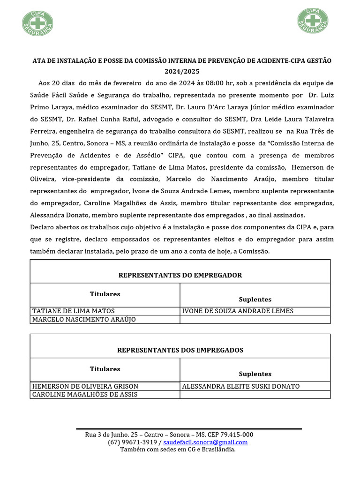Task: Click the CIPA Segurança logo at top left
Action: click(37, 22)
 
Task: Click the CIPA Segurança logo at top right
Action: click(313, 21)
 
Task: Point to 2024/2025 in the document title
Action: click(181, 72)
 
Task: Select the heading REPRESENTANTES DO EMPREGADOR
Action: click(180, 275)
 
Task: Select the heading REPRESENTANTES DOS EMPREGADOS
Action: click(180, 350)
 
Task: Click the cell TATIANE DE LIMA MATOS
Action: click(73, 311)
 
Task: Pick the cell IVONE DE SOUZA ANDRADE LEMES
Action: click(238, 311)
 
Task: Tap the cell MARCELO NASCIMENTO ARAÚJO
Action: click(83, 320)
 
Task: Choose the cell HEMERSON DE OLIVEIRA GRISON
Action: click(85, 386)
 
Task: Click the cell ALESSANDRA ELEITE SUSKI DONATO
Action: click(240, 386)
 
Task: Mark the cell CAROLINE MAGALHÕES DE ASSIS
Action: click(85, 395)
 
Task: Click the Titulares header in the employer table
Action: click(105, 294)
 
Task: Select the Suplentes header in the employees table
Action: click(255, 374)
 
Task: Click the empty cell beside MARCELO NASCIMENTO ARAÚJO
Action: click(255, 320)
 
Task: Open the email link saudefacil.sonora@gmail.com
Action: click(205, 442)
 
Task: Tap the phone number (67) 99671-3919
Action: click(132, 442)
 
